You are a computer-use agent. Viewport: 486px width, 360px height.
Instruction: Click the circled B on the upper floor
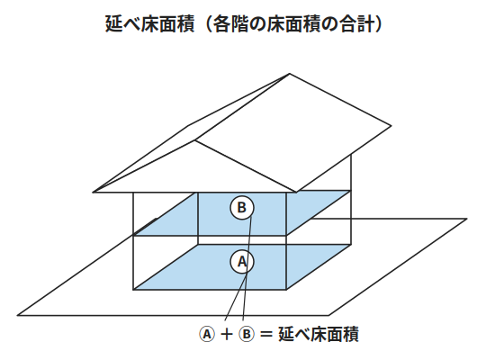242,208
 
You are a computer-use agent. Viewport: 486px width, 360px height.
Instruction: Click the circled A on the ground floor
242,262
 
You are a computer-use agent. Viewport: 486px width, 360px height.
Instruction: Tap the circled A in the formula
206,334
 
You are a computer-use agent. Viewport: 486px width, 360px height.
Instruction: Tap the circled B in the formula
247,334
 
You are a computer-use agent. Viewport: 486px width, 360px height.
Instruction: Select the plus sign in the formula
227,335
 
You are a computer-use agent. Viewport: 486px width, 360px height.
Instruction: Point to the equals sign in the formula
266,335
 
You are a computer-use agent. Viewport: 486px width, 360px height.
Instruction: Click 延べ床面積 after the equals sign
319,334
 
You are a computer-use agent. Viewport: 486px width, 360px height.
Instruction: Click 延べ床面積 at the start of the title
150,24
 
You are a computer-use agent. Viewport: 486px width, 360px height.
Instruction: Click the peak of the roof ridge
290,74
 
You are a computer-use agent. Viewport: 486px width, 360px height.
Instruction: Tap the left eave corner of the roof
93,193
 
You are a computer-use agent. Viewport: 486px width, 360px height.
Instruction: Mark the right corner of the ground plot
467,219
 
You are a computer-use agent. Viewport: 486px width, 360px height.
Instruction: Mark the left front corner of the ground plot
17,315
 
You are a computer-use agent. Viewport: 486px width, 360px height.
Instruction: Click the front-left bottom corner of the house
133,290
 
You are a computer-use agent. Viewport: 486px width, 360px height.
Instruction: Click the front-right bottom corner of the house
286,290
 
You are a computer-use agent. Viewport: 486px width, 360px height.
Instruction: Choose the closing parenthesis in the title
380,24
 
